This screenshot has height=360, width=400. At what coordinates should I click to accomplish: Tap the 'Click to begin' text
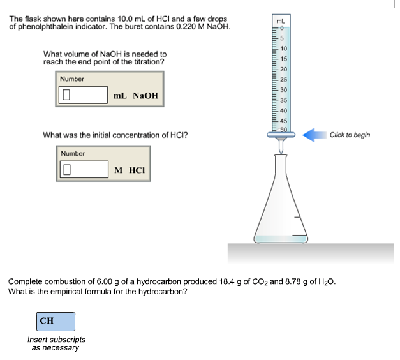[350, 135]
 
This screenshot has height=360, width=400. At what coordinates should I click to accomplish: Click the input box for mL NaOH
[84, 96]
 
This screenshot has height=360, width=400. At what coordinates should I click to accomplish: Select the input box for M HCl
[84, 170]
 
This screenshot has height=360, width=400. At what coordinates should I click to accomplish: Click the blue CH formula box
[56, 321]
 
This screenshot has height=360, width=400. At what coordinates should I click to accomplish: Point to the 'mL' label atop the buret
[279, 21]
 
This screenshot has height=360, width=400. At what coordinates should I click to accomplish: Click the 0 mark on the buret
[281, 28]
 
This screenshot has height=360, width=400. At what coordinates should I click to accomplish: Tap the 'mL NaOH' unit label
[135, 96]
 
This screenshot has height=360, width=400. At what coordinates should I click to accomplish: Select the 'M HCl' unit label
[130, 170]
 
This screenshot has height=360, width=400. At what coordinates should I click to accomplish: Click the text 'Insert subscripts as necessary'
[56, 344]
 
